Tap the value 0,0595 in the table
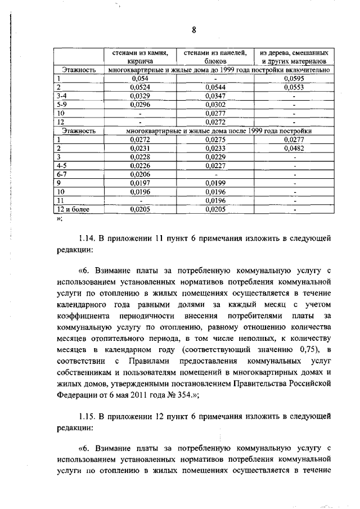(294, 79)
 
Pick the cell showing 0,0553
(294, 87)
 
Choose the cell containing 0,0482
(294, 148)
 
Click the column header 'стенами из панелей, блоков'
(215, 56)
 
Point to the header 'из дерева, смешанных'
(294, 52)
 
